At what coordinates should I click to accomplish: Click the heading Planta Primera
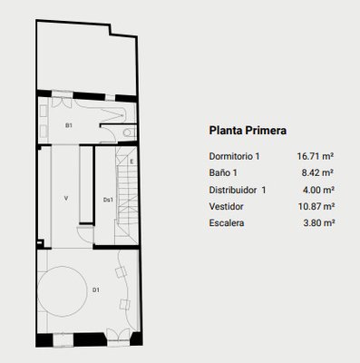tap(248, 131)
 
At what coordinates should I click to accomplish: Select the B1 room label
tap(69, 125)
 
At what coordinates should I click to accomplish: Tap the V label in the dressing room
tap(66, 199)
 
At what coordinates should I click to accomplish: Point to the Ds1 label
tap(108, 200)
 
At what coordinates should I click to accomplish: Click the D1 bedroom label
tap(96, 290)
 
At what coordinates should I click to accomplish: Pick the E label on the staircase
tap(131, 162)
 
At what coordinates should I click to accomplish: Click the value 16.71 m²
tap(316, 156)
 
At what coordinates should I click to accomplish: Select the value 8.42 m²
tap(317, 173)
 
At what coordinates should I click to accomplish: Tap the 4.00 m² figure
tap(318, 190)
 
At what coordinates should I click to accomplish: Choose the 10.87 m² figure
tap(316, 207)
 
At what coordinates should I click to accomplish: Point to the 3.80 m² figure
tap(319, 223)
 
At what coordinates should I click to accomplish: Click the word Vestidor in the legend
tap(226, 207)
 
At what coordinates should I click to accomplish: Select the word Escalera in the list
tap(227, 223)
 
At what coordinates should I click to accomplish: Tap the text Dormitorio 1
tap(234, 156)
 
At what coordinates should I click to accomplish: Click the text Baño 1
tap(223, 173)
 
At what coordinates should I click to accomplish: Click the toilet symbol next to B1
tap(129, 132)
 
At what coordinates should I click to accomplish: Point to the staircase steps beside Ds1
tap(127, 193)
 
